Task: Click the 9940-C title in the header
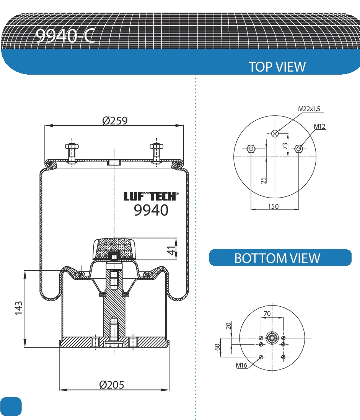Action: point(65,36)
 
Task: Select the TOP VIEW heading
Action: point(277,67)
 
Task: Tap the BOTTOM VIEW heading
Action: point(277,258)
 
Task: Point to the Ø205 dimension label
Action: point(112,384)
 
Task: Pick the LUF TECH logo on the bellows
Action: point(150,196)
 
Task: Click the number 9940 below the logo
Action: point(151,210)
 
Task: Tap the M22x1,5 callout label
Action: point(309,109)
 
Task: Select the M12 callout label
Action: point(320,126)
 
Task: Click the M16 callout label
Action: point(241,365)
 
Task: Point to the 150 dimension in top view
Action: point(273,206)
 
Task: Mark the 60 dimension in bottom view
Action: point(218,347)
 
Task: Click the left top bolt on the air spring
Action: point(72,152)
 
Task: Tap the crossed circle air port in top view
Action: point(275,133)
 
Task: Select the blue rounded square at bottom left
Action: point(11,406)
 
